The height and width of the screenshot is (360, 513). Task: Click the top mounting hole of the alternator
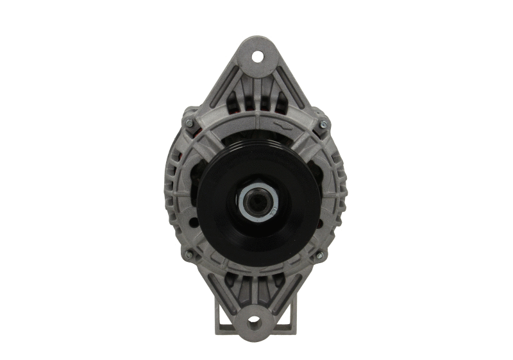pos(257,56)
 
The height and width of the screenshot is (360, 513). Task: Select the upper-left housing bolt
pos(189,122)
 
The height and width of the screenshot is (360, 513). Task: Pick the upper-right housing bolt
pos(323,121)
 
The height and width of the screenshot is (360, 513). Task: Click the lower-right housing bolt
pos(319,255)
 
